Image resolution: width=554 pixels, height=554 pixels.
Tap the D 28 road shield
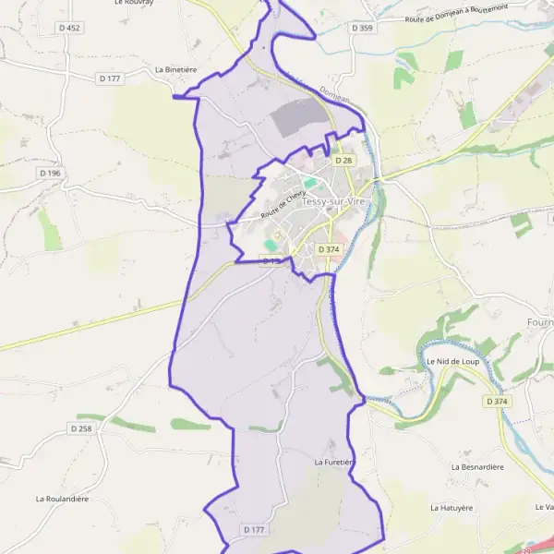(x=343, y=160)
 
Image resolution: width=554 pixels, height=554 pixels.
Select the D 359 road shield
(x=363, y=29)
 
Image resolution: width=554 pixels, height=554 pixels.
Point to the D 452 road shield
(x=68, y=29)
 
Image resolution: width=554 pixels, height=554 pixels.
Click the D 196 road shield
(x=50, y=173)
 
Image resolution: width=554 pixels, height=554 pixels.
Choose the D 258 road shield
(x=81, y=428)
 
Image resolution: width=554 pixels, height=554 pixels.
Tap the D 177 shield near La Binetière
(x=110, y=78)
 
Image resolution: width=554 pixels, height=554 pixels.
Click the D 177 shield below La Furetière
(x=255, y=530)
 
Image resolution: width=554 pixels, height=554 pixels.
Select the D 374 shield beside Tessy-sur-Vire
(x=329, y=249)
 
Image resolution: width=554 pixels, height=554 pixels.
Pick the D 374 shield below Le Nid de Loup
(x=495, y=401)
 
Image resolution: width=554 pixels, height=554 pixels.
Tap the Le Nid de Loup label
(x=452, y=361)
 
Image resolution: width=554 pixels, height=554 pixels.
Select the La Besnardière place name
(x=477, y=467)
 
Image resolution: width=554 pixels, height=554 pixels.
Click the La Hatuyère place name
(x=452, y=508)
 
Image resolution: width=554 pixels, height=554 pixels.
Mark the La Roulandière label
(x=62, y=499)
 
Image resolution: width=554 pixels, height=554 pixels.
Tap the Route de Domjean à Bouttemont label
(x=456, y=13)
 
